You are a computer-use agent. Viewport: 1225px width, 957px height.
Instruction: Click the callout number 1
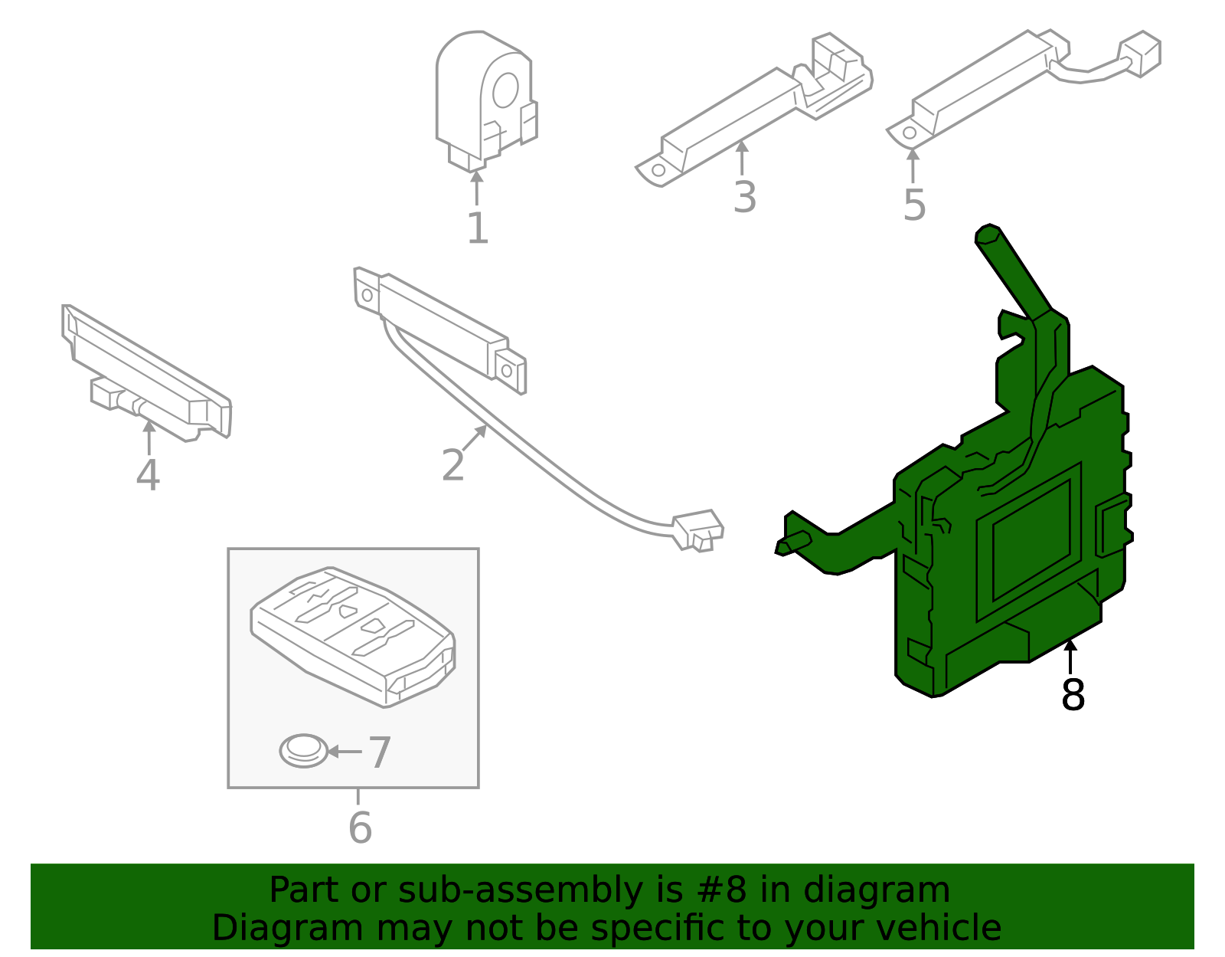[477, 228]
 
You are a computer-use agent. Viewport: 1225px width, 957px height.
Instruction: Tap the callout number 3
[744, 197]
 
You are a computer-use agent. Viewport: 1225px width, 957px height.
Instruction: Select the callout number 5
[914, 205]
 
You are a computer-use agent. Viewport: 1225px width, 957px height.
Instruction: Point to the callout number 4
[148, 475]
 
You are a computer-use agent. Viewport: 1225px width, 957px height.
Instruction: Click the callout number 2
[452, 465]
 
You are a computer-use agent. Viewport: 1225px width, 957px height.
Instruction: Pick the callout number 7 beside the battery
[380, 752]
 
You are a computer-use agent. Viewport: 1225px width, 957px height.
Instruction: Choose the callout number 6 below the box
[359, 828]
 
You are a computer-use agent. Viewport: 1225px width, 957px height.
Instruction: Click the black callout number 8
[1073, 695]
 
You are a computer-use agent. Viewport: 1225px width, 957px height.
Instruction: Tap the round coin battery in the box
[303, 751]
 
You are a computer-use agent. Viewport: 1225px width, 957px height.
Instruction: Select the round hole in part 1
[505, 90]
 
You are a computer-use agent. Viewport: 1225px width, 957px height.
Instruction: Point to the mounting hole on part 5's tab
[910, 133]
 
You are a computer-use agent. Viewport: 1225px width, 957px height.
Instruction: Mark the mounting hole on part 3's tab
[658, 170]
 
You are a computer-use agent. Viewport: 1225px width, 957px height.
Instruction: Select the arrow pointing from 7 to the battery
[344, 752]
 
